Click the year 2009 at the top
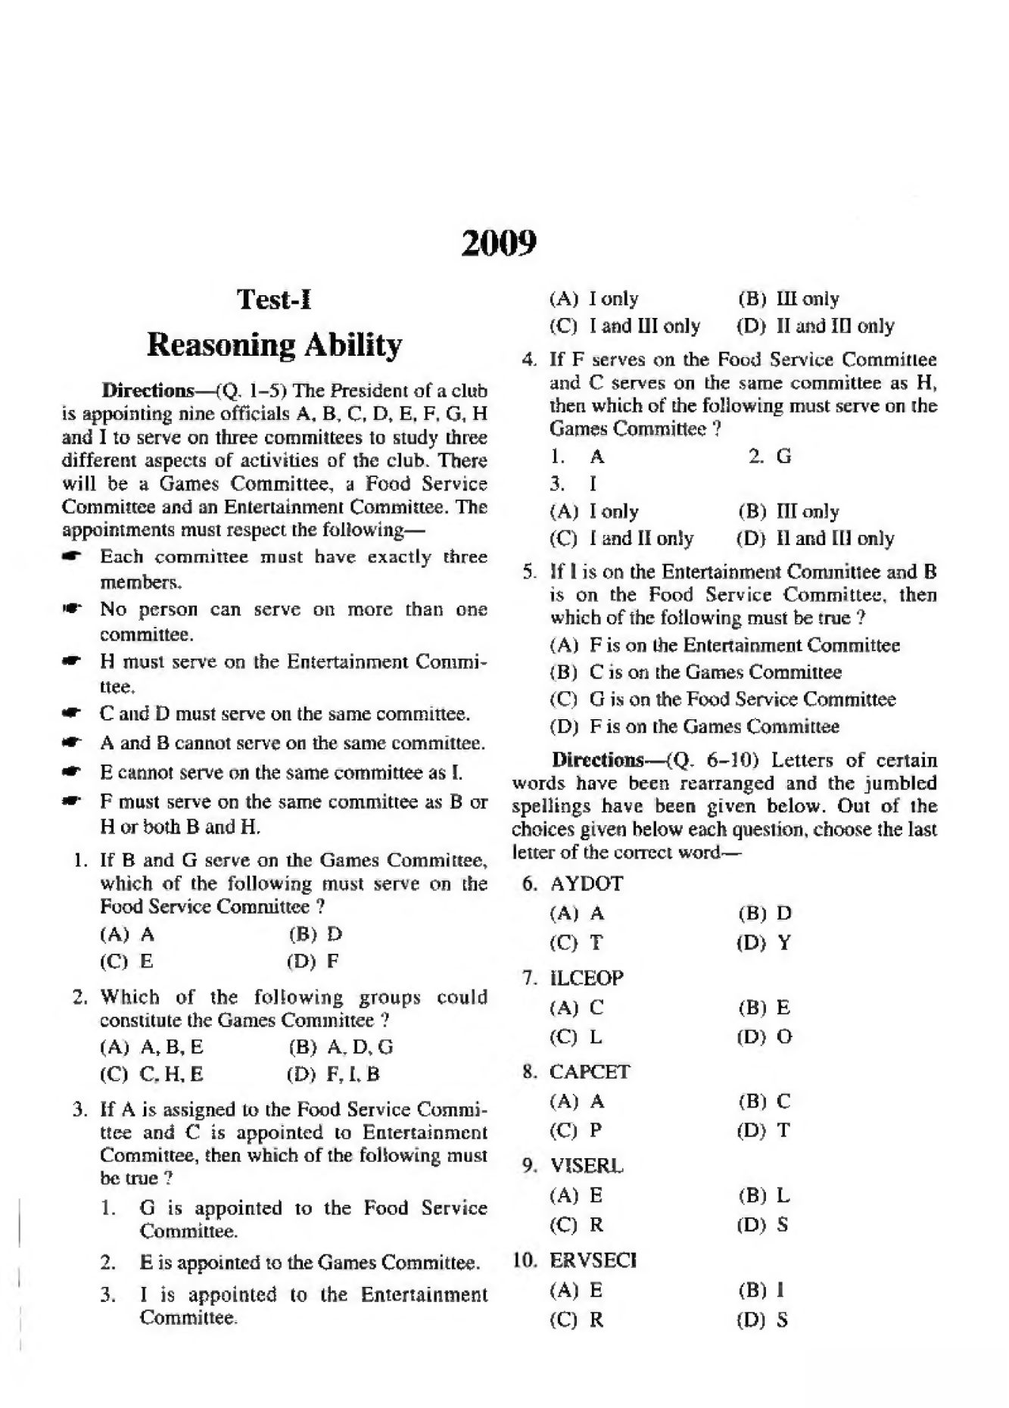point(499,244)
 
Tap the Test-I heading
point(274,300)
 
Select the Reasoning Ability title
point(274,344)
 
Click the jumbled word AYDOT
point(586,883)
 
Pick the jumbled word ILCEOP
point(586,978)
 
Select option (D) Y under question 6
point(764,943)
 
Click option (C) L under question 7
point(576,1037)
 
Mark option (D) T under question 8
point(764,1131)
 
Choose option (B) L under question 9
point(764,1196)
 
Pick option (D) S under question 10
point(763,1320)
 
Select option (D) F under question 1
point(313,962)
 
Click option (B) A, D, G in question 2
point(341,1048)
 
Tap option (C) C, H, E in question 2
point(151,1074)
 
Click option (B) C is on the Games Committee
point(695,672)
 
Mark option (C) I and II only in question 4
point(621,539)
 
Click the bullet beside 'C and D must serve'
point(72,714)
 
